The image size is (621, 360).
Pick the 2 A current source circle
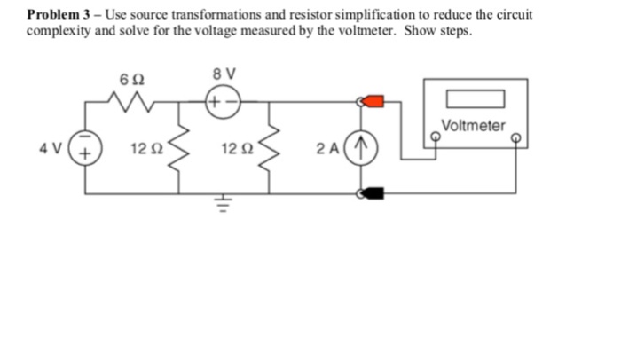coord(362,147)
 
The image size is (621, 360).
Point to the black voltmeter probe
coord(373,192)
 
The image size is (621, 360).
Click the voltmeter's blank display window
coord(475,97)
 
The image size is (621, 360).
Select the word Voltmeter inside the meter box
coord(473,126)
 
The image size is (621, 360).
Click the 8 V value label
coord(219,74)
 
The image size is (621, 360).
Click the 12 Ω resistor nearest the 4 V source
coord(181,147)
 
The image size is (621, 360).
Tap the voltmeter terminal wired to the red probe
coord(435,139)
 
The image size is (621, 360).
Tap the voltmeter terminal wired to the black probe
coord(515,139)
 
